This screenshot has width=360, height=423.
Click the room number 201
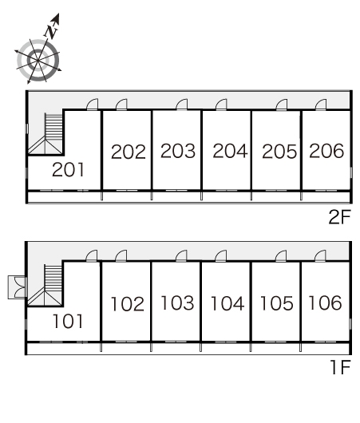pos(68,170)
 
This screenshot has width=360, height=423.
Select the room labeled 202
pos(129,152)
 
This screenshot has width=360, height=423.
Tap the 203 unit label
pos(178,151)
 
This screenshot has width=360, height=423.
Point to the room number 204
pos(230,151)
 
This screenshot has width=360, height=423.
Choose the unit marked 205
pos(279,151)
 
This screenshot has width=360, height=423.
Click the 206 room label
pos(326,151)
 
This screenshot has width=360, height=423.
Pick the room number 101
pos(68,321)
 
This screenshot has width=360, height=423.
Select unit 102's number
pos(128,304)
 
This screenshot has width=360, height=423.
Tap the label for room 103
pos(177,302)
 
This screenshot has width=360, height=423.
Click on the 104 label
pos(227,303)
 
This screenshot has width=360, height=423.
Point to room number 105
pos(277,303)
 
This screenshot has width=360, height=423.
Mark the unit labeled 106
pos(325,302)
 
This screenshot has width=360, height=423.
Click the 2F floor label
pos(339,217)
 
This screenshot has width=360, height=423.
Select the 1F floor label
pos(341,367)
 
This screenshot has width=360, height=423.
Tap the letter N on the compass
pos(51,30)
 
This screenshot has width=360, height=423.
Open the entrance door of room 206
pos(321,105)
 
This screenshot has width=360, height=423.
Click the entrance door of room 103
pos(181,256)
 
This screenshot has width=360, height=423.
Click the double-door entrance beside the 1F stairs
pos(18,287)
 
